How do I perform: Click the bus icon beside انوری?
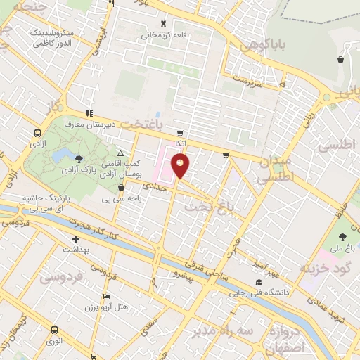click(54, 330)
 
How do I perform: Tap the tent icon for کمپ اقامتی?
click(121, 153)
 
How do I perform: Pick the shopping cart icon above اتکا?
click(180, 133)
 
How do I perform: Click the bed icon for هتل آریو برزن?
click(106, 296)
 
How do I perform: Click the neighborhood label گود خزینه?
click(324, 269)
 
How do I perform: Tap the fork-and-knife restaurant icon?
click(111, 4)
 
